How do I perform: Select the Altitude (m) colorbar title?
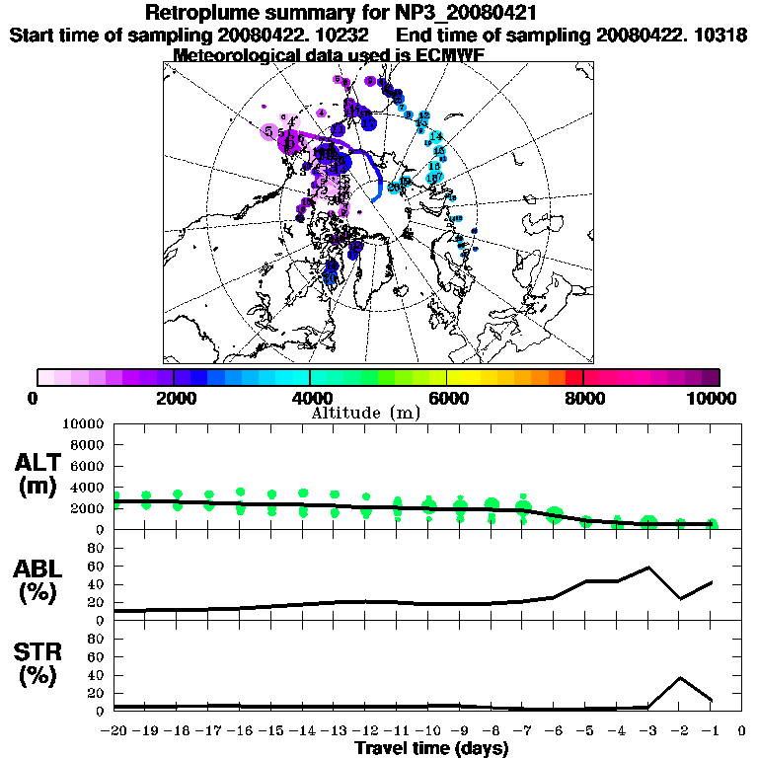(x=366, y=412)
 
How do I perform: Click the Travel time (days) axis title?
(x=431, y=749)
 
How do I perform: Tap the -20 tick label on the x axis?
(x=114, y=731)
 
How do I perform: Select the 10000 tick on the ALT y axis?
(x=85, y=423)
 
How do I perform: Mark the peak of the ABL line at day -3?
(x=648, y=568)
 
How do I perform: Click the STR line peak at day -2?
(x=680, y=678)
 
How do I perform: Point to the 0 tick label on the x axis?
(x=742, y=731)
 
